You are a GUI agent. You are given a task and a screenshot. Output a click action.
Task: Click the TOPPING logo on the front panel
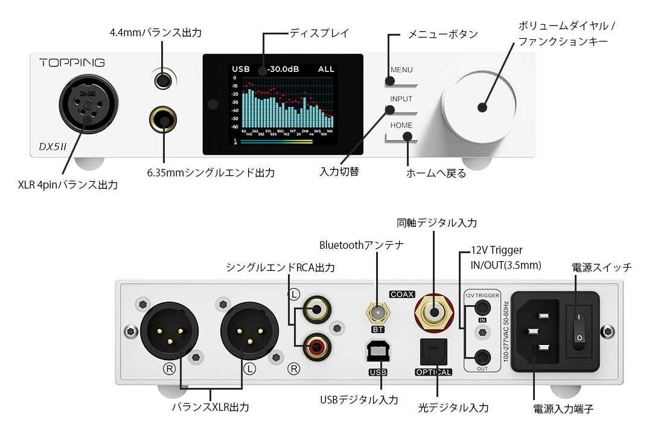pos(72,62)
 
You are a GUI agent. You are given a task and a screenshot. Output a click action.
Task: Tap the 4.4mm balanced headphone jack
pos(162,80)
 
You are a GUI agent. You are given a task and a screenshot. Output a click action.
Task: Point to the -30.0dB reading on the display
pos(284,69)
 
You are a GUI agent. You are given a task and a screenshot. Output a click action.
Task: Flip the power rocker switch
pos(579,327)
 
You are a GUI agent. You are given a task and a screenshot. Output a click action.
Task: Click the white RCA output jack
pos(317,311)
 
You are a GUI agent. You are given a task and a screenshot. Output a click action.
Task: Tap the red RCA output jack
pos(317,347)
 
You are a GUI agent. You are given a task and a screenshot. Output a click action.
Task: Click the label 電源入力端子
pos(564,409)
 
